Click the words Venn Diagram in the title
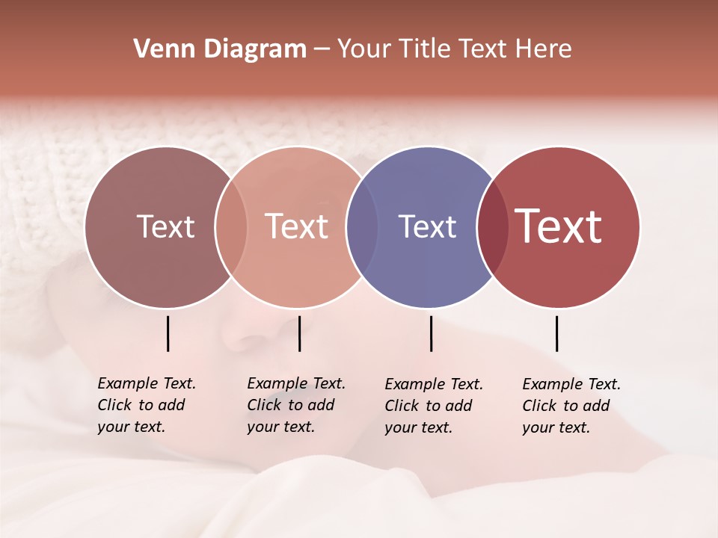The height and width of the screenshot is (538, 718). point(220,49)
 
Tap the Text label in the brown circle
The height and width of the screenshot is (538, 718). point(165,226)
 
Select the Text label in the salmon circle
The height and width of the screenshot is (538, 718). point(297,226)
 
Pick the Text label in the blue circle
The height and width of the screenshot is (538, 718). point(427,226)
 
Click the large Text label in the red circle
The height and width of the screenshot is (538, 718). point(559,226)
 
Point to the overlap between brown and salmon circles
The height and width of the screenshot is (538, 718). point(231,226)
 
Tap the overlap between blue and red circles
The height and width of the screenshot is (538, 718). point(492,226)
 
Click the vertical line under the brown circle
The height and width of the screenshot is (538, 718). point(168,333)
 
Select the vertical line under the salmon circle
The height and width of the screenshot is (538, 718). point(299,333)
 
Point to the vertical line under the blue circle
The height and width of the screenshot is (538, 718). point(431,333)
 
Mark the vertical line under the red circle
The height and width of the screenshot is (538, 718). point(557,333)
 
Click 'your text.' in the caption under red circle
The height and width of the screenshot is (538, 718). point(556,427)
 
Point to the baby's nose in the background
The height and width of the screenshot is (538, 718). point(247,336)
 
